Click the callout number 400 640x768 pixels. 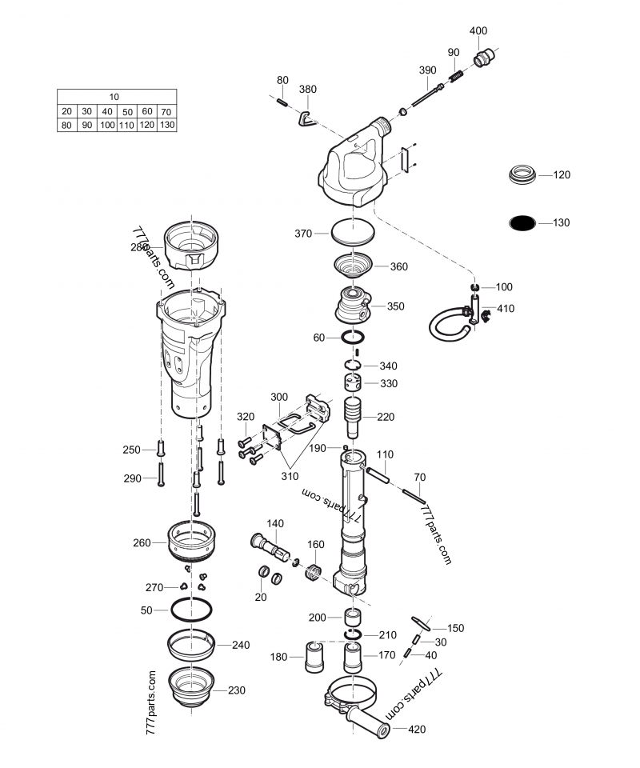478,30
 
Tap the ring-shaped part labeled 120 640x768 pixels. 523,174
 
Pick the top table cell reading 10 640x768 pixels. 116,96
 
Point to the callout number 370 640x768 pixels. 302,234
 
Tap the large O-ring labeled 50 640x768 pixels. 192,610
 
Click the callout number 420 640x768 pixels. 418,730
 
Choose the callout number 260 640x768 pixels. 142,543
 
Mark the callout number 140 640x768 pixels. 274,524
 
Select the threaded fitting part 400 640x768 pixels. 482,58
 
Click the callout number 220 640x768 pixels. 386,417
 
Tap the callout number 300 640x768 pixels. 279,397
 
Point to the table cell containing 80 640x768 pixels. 66,126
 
